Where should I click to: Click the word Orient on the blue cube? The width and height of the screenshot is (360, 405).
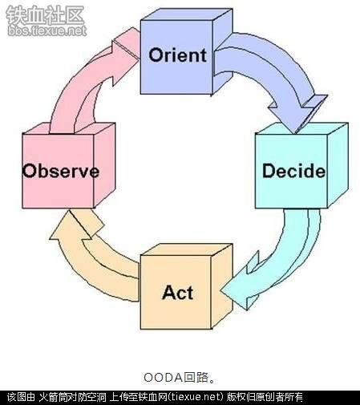177,55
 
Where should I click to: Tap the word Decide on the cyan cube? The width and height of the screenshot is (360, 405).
293,171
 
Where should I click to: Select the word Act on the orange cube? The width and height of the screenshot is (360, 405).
177,292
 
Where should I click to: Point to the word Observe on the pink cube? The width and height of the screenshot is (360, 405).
61,171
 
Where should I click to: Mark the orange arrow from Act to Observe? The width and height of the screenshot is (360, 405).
88,265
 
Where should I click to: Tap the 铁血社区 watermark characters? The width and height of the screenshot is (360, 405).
45,15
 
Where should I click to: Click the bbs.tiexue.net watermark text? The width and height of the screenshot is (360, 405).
47,30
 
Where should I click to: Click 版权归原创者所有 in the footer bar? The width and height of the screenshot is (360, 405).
265,397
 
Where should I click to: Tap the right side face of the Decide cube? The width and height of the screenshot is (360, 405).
338,165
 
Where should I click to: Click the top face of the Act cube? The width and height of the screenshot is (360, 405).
187,249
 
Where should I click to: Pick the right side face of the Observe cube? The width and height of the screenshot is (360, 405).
104,165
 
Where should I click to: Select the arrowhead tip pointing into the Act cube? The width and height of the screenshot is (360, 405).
220,290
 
